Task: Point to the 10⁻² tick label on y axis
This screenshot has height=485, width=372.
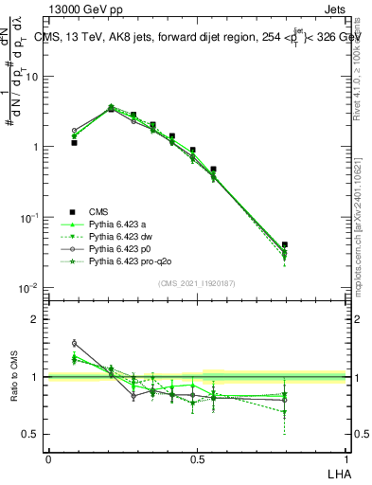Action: [x=31, y=287]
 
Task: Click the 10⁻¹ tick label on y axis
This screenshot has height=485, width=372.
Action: [x=31, y=217]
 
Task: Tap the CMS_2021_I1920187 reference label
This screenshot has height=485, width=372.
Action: [x=197, y=282]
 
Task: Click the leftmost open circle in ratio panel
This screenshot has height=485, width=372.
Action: [x=74, y=343]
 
